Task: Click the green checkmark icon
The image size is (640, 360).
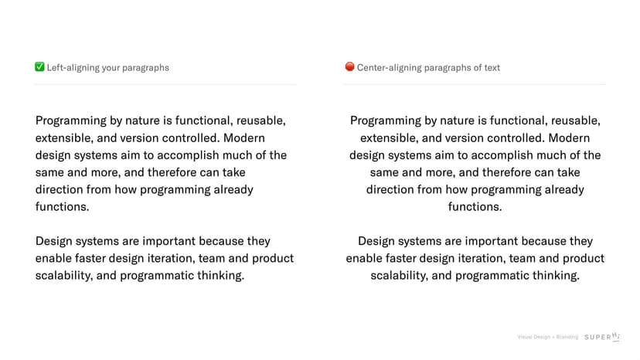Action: coord(39,66)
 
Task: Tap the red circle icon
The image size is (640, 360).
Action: coord(349,66)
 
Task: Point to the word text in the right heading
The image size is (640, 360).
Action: coord(492,68)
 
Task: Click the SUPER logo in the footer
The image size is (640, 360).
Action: coord(602,336)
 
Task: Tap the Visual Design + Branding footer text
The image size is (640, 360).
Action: coord(548,337)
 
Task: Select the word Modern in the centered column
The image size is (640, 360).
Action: coord(569,138)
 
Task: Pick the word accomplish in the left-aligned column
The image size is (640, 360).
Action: coord(188,156)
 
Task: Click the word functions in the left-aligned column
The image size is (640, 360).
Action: coord(62,206)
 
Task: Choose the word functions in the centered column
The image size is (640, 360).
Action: coord(475,206)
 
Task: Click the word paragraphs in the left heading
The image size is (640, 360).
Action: coord(145,69)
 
